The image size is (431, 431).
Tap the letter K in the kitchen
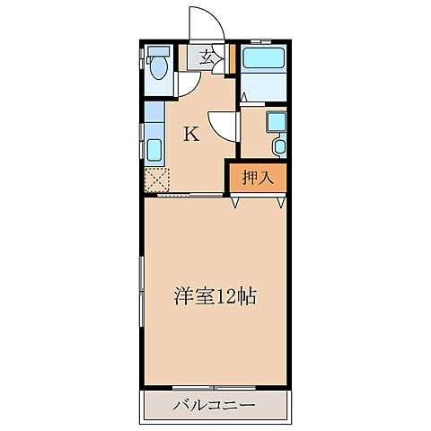[191, 134]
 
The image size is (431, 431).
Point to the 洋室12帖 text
[215, 296]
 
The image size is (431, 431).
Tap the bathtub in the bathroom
[264, 62]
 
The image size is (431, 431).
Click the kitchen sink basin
[154, 148]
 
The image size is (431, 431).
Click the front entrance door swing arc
[199, 22]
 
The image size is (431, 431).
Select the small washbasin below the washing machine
[277, 145]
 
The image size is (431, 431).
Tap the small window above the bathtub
[260, 41]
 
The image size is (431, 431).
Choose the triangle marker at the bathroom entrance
[243, 94]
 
